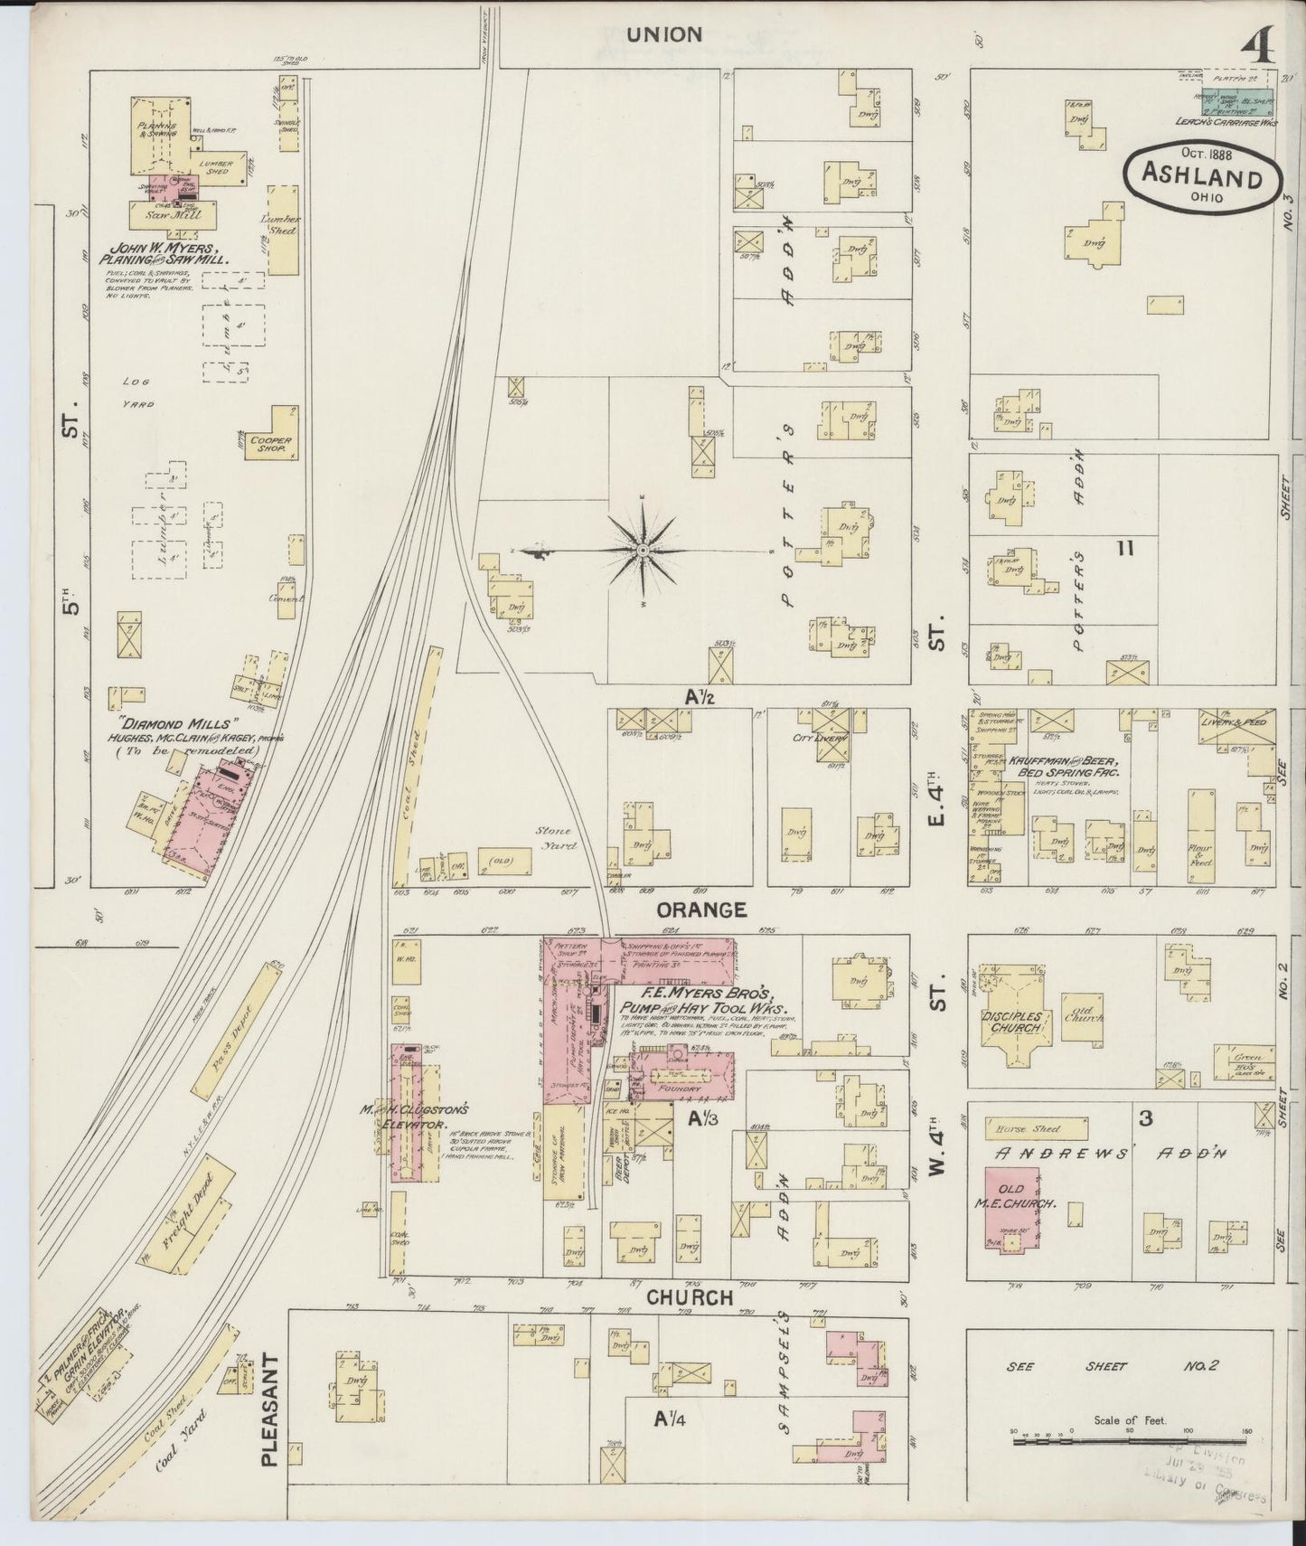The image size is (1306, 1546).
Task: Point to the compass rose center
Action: coord(643,550)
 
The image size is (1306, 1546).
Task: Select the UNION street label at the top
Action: coord(664,34)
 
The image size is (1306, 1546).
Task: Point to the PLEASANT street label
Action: coord(268,1415)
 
